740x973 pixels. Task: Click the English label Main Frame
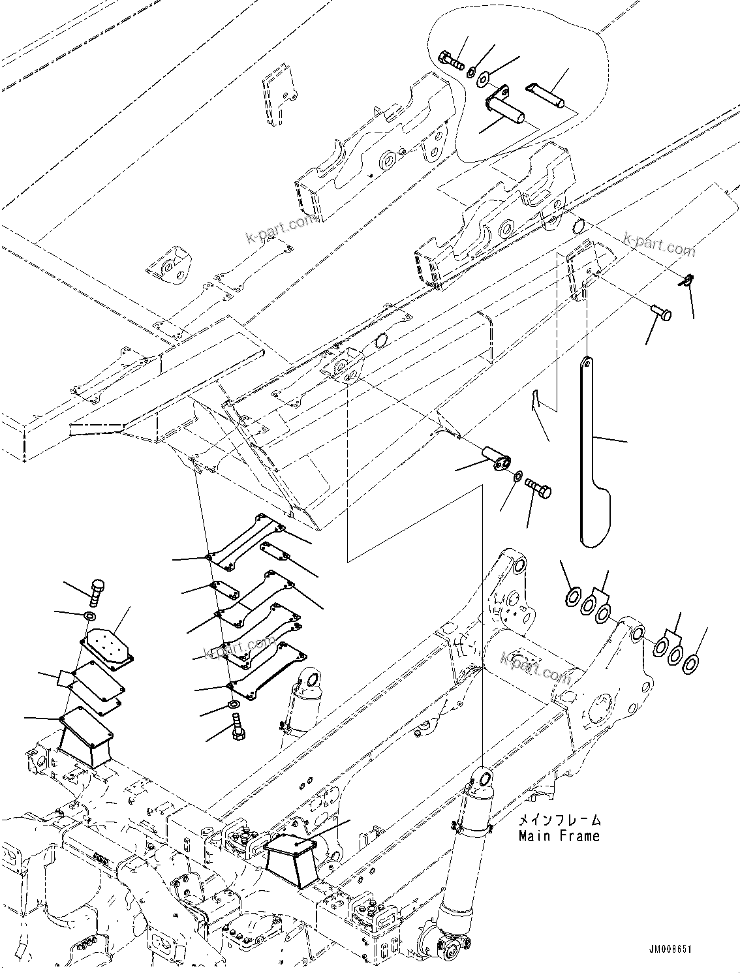pyautogui.click(x=559, y=835)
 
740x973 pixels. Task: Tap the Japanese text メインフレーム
pyautogui.click(x=559, y=820)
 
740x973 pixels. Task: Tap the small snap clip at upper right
pyautogui.click(x=683, y=281)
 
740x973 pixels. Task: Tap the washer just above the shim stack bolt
pyautogui.click(x=233, y=705)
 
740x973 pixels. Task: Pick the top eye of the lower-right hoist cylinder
pyautogui.click(x=482, y=777)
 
